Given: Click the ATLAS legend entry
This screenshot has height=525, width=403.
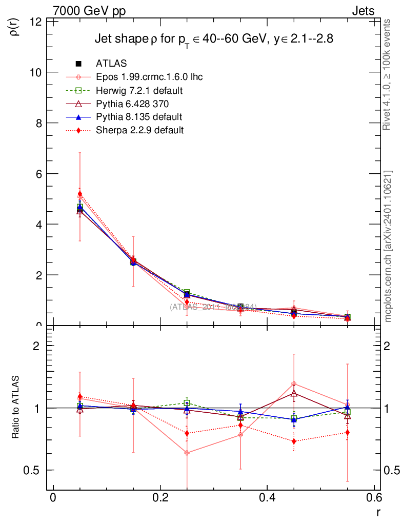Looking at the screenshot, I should (x=111, y=64).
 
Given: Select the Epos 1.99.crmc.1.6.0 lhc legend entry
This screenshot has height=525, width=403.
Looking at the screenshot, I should (x=149, y=77).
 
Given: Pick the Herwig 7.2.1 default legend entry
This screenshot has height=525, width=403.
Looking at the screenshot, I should (x=139, y=91).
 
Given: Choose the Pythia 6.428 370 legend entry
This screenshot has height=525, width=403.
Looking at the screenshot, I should (x=133, y=104).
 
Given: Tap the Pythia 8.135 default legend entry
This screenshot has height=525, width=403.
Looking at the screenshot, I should (x=139, y=117).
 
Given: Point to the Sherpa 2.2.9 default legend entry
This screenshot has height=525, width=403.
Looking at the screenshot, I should (x=139, y=130).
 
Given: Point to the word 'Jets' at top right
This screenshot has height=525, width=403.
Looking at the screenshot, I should (x=362, y=11).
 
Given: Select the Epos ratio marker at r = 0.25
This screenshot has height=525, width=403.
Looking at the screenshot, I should (x=187, y=453).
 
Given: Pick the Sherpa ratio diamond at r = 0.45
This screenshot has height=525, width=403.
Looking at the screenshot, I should (x=294, y=441).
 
